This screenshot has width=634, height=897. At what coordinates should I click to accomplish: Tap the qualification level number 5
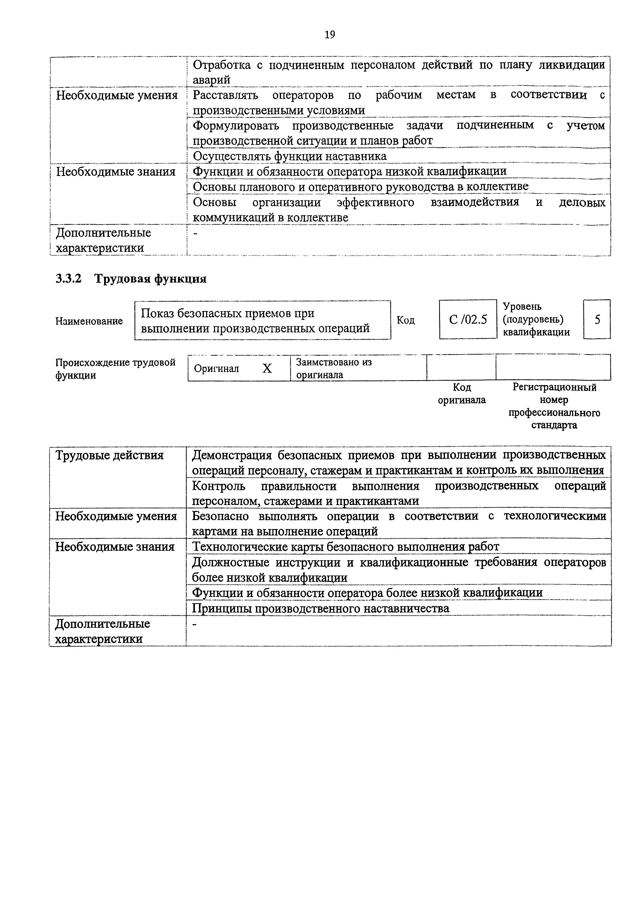597,320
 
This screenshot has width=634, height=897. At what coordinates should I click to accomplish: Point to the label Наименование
89,321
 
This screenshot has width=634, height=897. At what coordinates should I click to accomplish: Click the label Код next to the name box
405,320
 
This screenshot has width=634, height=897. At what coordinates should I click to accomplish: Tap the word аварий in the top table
211,80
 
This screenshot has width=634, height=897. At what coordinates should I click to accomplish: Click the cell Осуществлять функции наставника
290,156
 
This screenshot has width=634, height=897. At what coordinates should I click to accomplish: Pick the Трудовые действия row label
109,456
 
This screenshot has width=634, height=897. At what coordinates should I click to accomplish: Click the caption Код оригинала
462,394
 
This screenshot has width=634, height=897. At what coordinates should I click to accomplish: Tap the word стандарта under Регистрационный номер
554,425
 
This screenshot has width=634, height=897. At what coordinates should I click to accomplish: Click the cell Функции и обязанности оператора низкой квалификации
350,172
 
